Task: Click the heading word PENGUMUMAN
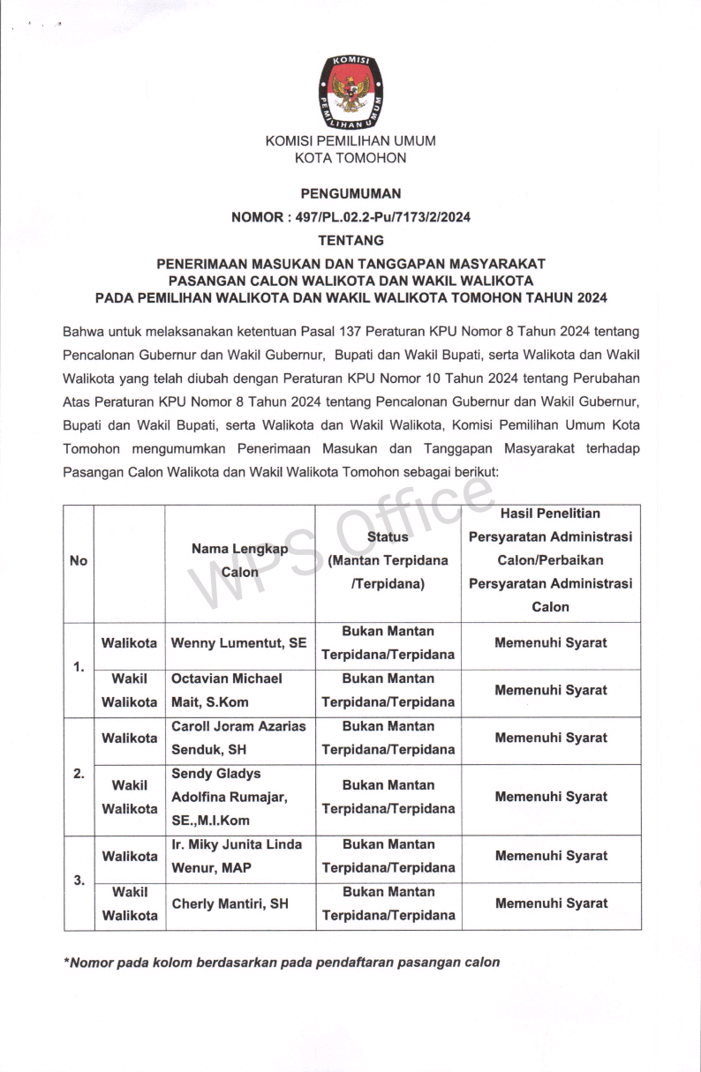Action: [x=350, y=193]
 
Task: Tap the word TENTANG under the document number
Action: [x=350, y=240]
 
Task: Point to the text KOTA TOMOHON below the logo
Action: [x=350, y=159]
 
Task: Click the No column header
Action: [x=79, y=561]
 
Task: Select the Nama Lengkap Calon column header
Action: [x=239, y=560]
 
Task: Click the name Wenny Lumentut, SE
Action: [x=239, y=643]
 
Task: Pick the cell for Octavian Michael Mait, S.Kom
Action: [x=239, y=691]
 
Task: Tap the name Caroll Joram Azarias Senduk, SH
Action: [x=239, y=738]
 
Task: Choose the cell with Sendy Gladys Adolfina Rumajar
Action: [x=239, y=798]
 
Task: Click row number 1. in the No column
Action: [x=79, y=667]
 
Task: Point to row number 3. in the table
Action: [x=79, y=881]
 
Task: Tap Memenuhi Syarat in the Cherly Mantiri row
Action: [x=551, y=904]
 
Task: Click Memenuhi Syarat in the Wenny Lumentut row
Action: [x=551, y=643]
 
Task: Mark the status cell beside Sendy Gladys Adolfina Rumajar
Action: [x=388, y=798]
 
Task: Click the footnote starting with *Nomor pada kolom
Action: [x=282, y=963]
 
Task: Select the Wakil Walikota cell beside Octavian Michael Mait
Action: [x=130, y=691]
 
